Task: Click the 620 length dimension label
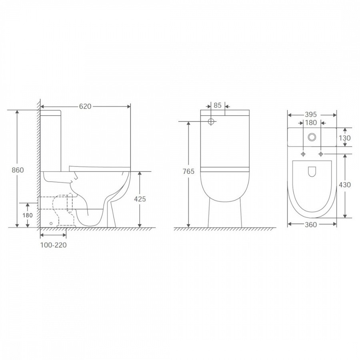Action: (85, 106)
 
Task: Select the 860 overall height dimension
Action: (18, 170)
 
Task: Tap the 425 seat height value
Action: (140, 199)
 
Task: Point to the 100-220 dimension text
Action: (54, 245)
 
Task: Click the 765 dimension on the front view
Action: (188, 171)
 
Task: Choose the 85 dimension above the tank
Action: (218, 105)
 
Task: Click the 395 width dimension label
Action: (311, 114)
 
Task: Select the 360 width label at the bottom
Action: (311, 224)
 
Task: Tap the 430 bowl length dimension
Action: (345, 184)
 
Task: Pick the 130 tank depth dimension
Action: (345, 138)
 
